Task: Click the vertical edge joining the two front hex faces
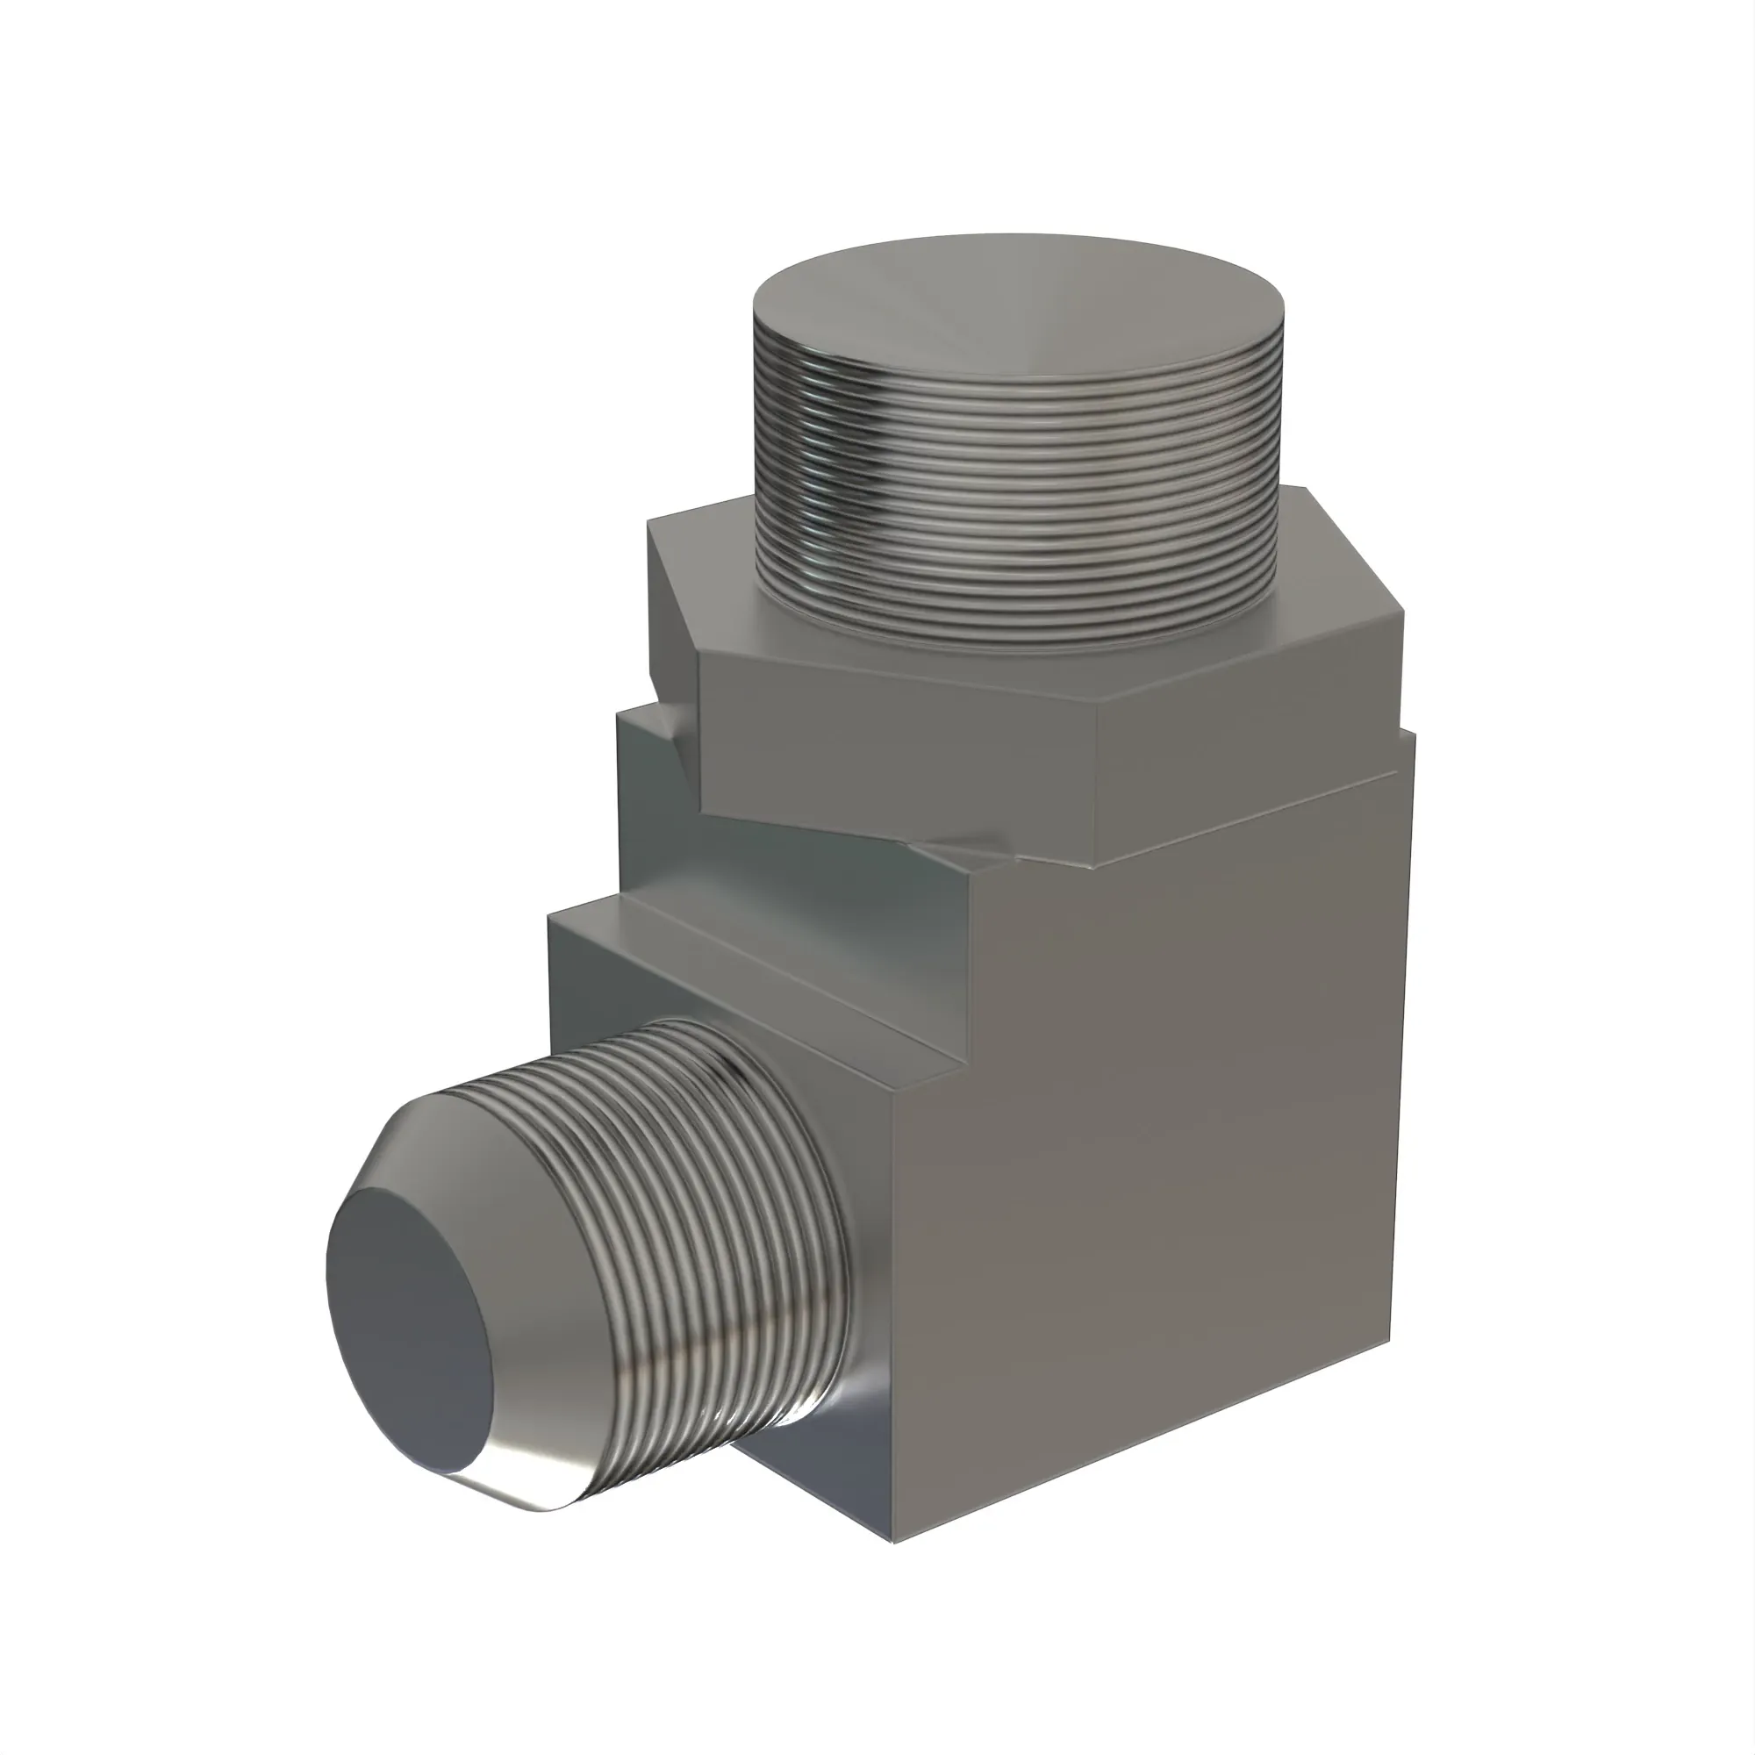(1093, 781)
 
